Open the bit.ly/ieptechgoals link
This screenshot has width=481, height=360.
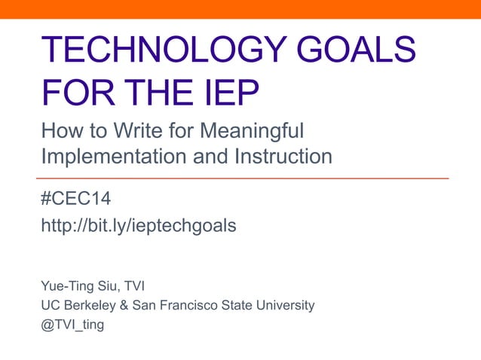point(139,224)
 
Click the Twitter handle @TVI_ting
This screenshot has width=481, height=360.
point(72,325)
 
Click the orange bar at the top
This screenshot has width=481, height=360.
point(240,8)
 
